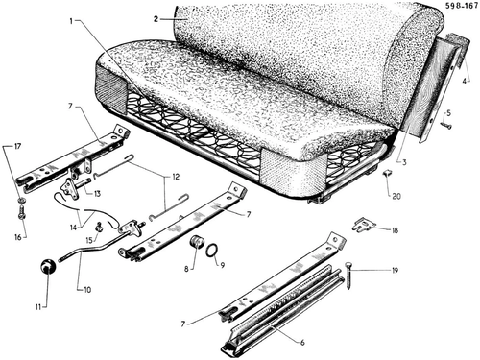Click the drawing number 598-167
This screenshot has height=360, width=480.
(462, 7)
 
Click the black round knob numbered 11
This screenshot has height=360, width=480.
(48, 267)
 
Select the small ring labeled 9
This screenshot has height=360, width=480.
(211, 251)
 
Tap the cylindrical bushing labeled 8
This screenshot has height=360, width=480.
(197, 242)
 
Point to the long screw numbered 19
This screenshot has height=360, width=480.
(348, 276)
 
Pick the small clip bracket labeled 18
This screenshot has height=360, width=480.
(363, 225)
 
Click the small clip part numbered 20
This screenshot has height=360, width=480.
(388, 174)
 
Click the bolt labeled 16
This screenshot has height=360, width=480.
(22, 212)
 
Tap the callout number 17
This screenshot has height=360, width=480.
(17, 147)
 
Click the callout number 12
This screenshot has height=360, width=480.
(176, 177)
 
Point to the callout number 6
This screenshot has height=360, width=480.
(302, 343)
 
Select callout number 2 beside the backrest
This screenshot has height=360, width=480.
(156, 19)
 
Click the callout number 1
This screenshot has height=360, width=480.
(71, 21)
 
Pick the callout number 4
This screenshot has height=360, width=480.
(465, 81)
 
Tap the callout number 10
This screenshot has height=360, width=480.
(87, 290)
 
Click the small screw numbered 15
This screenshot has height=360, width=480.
(100, 228)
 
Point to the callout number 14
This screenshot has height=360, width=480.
(74, 228)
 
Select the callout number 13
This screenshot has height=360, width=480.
(97, 194)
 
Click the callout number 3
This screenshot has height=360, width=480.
(404, 162)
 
